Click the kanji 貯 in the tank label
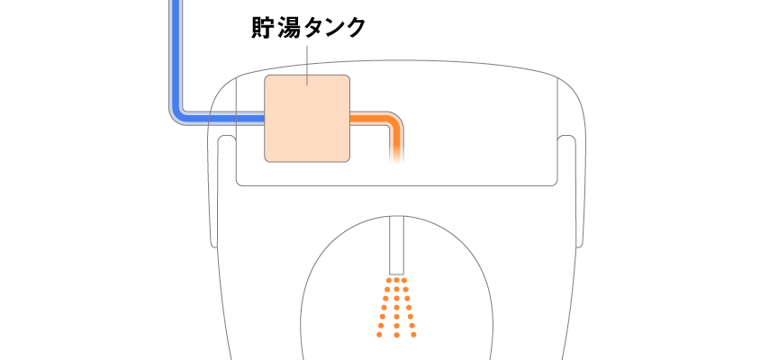(x=262, y=28)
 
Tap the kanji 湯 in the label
(x=288, y=28)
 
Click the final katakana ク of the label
(x=356, y=28)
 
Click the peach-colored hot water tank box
(x=307, y=119)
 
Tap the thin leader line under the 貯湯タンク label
(x=307, y=66)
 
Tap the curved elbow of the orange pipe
(x=394, y=121)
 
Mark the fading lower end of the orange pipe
(x=397, y=155)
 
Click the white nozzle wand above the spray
(x=396, y=245)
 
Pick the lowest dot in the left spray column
(x=380, y=335)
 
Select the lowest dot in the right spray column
(x=414, y=335)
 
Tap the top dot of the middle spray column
(x=396, y=281)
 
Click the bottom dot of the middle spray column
(x=396, y=335)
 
